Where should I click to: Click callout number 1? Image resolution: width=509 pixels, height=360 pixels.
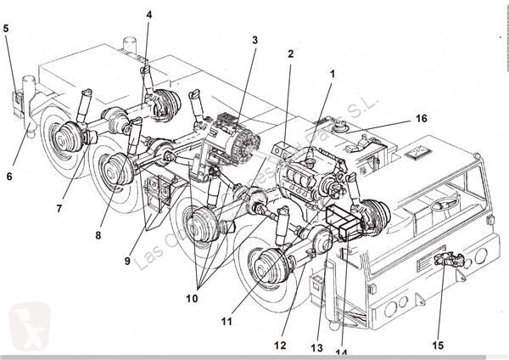[x=333, y=74]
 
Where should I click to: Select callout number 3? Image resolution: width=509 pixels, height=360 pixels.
[x=254, y=39]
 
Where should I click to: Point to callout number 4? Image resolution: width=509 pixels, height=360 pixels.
[x=148, y=14]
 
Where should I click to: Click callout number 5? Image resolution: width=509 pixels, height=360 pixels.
[x=6, y=28]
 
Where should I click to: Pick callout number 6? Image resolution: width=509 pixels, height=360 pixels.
[x=9, y=176]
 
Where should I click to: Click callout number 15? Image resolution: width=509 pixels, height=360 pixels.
[x=439, y=346]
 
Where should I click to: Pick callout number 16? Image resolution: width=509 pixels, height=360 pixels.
[x=421, y=118]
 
